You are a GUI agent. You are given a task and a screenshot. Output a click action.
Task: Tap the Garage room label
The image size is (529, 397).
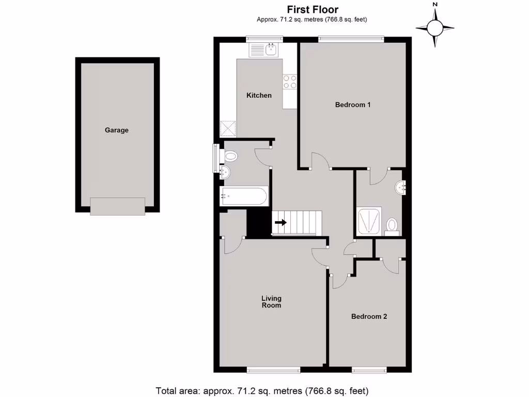[x=117, y=130]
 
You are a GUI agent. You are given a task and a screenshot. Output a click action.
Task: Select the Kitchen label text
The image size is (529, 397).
[x=259, y=95]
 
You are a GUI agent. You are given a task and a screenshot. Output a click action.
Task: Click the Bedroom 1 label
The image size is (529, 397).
[x=353, y=105]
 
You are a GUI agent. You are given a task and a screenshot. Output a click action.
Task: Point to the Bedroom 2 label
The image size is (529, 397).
[x=369, y=316]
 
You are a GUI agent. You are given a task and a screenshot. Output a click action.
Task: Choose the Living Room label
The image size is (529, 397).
[x=271, y=302]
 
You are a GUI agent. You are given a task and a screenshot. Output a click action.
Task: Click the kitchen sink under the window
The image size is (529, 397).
[x=264, y=50]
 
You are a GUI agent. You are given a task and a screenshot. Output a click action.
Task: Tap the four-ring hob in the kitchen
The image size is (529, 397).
[x=290, y=82]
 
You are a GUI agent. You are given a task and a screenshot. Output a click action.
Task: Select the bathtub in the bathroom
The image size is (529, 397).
[x=243, y=196]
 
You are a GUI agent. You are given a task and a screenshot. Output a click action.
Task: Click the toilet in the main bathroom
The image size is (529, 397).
[x=230, y=156]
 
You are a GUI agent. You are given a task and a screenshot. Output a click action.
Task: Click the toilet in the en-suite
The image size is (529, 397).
[x=392, y=226]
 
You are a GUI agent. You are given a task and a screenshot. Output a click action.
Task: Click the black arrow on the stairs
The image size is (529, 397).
[x=281, y=223]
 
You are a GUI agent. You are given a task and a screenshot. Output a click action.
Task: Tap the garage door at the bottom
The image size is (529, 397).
[x=117, y=206]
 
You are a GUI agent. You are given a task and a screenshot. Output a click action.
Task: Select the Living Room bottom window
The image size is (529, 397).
[x=273, y=370]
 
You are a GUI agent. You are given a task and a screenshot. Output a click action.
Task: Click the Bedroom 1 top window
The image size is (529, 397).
[x=351, y=38]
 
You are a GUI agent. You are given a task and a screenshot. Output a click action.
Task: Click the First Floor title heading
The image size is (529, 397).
[x=313, y=9]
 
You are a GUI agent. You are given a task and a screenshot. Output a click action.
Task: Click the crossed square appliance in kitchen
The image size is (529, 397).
[x=228, y=128]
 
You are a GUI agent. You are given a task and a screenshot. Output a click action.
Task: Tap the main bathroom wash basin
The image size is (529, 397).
[x=225, y=173]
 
